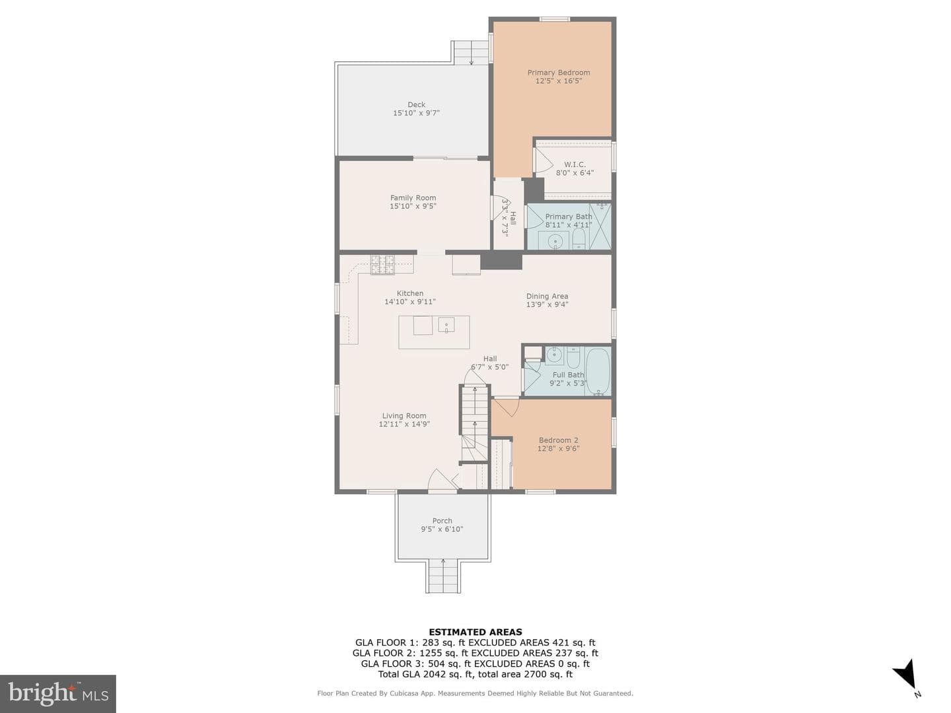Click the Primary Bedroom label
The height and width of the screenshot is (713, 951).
pyautogui.click(x=558, y=73)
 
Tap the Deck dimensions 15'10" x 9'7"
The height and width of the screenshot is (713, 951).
pyautogui.click(x=416, y=113)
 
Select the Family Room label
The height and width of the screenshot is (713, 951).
pyautogui.click(x=413, y=198)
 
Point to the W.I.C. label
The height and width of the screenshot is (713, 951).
pyautogui.click(x=575, y=164)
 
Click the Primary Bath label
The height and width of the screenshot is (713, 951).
pyautogui.click(x=569, y=217)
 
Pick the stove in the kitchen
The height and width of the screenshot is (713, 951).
pyautogui.click(x=382, y=265)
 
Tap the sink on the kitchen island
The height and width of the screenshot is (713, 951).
pyautogui.click(x=446, y=324)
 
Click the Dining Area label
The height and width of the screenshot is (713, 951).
pyautogui.click(x=547, y=296)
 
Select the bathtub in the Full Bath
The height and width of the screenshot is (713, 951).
pyautogui.click(x=598, y=371)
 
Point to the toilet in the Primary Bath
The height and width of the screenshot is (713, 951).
pyautogui.click(x=579, y=238)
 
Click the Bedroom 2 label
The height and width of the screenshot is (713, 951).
pyautogui.click(x=558, y=440)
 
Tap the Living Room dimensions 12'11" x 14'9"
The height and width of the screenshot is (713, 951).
pyautogui.click(x=404, y=424)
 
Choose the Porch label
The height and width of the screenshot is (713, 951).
pyautogui.click(x=442, y=521)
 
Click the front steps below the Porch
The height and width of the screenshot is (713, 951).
pyautogui.click(x=442, y=576)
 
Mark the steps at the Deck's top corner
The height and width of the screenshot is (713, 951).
pyautogui.click(x=471, y=53)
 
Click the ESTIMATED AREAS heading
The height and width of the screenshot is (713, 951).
pyautogui.click(x=475, y=632)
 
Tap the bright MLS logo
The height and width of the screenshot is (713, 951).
pyautogui.click(x=57, y=693)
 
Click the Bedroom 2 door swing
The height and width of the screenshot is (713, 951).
pyautogui.click(x=506, y=406)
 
